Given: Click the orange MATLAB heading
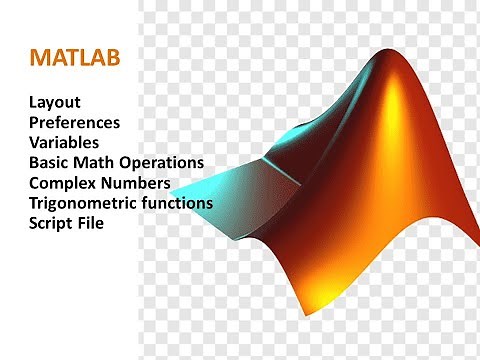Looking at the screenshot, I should [x=75, y=57].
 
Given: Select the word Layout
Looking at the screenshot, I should [x=55, y=102].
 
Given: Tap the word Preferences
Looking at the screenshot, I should [x=89, y=123].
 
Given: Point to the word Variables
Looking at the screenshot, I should [x=71, y=143].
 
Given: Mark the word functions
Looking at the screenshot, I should [x=177, y=203].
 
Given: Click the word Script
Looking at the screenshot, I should [x=51, y=224].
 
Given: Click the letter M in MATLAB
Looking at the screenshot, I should [x=40, y=57].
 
